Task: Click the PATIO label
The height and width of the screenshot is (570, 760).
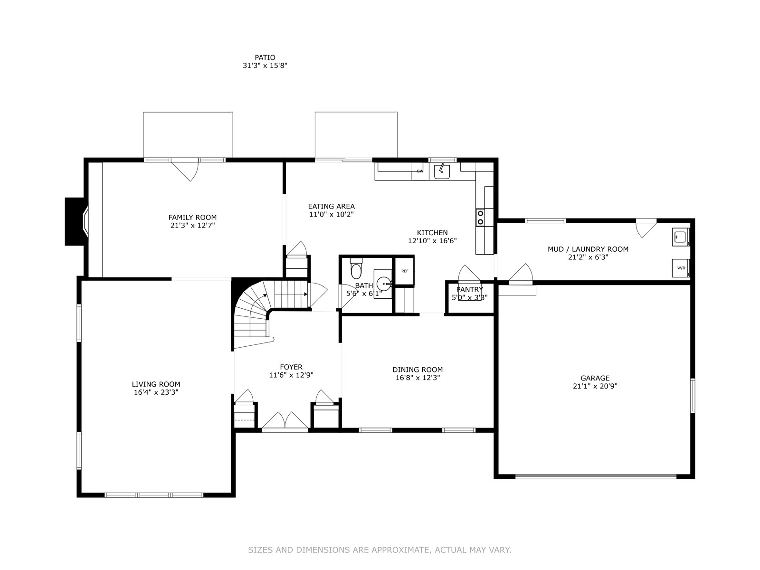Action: (265, 57)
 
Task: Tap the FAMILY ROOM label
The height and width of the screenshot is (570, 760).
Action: (192, 218)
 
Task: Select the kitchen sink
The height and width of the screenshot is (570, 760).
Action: (442, 171)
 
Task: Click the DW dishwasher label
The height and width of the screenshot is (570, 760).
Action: (420, 171)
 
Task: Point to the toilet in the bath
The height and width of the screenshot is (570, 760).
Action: (356, 268)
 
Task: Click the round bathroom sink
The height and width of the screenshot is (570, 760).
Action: (384, 284)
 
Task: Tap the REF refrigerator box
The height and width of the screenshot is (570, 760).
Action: (405, 271)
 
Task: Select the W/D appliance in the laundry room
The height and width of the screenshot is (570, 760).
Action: (681, 268)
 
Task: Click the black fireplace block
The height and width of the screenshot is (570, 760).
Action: (75, 221)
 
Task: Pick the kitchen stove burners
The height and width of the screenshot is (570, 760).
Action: (480, 218)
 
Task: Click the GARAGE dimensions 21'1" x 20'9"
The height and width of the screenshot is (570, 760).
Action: (595, 386)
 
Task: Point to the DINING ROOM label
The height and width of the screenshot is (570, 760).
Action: (418, 370)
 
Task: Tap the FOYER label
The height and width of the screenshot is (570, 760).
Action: (291, 367)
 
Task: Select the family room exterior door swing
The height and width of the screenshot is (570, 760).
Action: (185, 170)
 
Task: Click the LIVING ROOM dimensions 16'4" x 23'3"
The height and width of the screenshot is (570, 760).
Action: (156, 392)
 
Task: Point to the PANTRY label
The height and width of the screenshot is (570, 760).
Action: (469, 289)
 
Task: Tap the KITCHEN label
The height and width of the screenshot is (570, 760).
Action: (432, 233)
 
